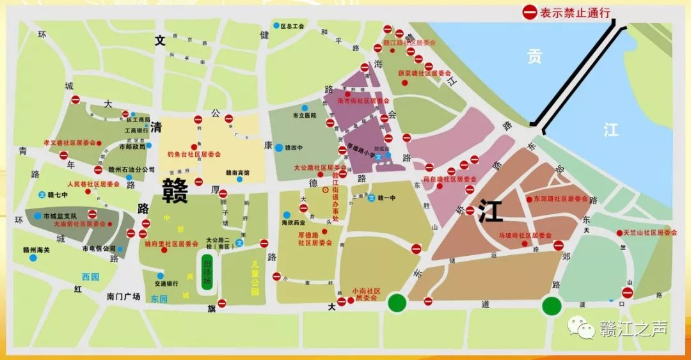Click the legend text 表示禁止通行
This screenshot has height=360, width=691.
point(575,12)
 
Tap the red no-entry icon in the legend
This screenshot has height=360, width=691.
point(530,12)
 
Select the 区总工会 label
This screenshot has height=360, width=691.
point(292,27)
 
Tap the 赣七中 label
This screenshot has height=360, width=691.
point(57,194)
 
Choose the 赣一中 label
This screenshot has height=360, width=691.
point(386,198)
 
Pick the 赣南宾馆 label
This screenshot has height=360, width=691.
point(237,172)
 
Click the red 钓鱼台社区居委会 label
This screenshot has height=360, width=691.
point(193,154)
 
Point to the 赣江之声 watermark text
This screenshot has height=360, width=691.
point(633,329)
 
